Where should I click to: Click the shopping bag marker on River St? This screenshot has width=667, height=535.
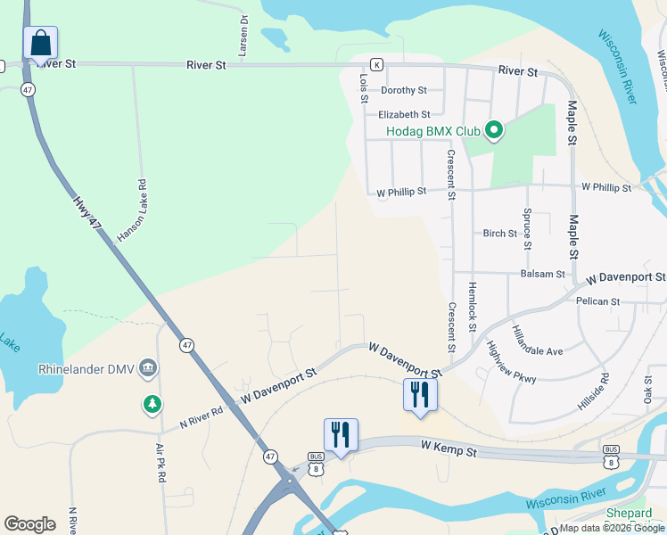[x=40, y=43]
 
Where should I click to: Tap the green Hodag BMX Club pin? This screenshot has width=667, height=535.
[x=493, y=132]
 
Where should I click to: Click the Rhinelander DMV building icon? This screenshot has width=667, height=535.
[x=149, y=367]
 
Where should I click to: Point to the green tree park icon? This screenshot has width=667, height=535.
[x=152, y=405]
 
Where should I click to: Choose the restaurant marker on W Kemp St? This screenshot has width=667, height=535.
[x=341, y=435]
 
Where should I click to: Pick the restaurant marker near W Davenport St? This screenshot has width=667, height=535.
[x=420, y=395]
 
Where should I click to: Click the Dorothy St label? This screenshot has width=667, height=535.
[x=404, y=90]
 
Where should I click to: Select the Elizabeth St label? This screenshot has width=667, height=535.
[x=404, y=114]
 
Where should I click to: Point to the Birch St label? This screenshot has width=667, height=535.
[x=499, y=234]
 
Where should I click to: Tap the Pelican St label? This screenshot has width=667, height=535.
[x=597, y=301]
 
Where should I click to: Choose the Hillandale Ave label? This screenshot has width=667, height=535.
[x=538, y=340]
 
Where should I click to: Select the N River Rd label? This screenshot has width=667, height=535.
[x=201, y=411]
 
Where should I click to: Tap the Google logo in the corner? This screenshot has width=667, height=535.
[x=29, y=524]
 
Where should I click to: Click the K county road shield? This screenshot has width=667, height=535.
[x=377, y=65]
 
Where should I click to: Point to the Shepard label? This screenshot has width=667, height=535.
[x=630, y=514]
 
